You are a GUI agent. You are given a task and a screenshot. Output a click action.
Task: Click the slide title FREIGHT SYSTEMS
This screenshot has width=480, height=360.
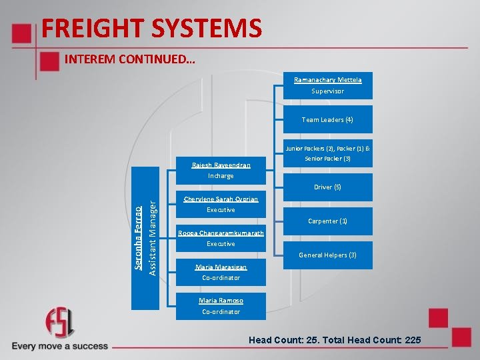tap(151, 29)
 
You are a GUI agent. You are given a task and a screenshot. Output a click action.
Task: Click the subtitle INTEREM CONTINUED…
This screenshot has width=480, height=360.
tap(129, 59)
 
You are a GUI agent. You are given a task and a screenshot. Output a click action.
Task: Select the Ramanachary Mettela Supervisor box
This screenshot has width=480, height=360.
tap(327, 85)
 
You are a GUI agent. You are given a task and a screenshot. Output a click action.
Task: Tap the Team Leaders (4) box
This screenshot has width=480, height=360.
tap(327, 120)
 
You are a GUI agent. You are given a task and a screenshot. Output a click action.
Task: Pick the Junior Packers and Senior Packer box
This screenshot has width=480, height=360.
tap(327, 153)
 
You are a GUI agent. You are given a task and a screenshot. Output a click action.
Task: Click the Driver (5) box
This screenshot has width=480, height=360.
tap(327, 187)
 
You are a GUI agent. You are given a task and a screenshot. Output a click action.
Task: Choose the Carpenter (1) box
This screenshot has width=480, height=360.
tap(327, 221)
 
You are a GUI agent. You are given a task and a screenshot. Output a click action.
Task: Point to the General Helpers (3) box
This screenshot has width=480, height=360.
tap(327, 255)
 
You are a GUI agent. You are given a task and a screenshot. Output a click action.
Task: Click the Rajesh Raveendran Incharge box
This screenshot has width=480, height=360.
tap(221, 171)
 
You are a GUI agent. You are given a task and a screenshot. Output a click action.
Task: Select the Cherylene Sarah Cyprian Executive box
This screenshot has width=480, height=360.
tap(221, 205)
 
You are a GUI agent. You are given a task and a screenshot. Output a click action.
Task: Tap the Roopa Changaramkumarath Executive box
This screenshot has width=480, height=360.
tap(221, 239)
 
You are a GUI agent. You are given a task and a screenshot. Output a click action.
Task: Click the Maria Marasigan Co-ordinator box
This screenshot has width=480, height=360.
tap(221, 272)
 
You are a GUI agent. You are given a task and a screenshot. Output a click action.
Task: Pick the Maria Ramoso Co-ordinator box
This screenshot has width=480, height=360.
tap(221, 306)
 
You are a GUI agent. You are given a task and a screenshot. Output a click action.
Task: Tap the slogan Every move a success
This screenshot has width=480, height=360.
tap(60, 346)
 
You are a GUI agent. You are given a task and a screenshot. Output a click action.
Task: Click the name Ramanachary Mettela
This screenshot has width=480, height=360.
tap(327, 80)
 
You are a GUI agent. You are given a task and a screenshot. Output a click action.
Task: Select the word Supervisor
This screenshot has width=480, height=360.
tap(327, 91)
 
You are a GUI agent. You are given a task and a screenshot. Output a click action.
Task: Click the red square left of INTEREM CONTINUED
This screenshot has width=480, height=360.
tap(49, 61)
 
